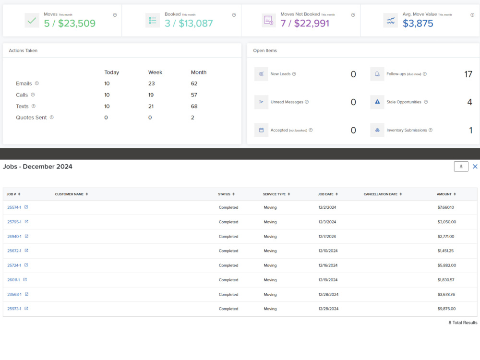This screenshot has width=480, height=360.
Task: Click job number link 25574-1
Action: (x=14, y=207)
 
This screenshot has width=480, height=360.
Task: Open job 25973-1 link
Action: (x=14, y=309)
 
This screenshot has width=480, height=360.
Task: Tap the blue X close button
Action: (x=475, y=166)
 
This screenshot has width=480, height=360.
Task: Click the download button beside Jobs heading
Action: (x=461, y=167)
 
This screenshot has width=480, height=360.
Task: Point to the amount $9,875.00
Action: (x=446, y=309)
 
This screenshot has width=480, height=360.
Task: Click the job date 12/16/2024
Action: (x=328, y=265)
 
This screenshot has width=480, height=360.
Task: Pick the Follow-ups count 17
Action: (x=468, y=74)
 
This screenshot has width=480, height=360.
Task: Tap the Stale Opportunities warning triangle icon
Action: (x=377, y=102)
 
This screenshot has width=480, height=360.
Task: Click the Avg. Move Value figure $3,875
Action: (x=418, y=23)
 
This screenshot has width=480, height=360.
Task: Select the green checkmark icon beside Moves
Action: (x=32, y=21)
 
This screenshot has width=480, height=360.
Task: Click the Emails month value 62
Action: (x=194, y=84)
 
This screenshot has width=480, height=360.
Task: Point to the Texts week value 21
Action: (x=151, y=106)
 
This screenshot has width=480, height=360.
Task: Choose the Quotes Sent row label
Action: (x=31, y=118)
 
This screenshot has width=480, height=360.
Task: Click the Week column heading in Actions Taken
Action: (x=155, y=72)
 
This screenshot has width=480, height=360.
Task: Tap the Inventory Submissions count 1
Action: (x=470, y=131)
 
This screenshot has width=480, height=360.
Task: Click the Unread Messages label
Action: (x=287, y=102)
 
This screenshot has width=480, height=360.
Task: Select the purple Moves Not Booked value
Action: (x=305, y=23)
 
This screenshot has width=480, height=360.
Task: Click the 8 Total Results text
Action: (x=463, y=323)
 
